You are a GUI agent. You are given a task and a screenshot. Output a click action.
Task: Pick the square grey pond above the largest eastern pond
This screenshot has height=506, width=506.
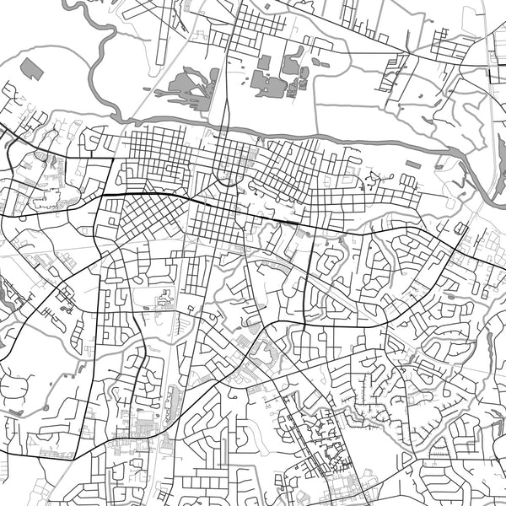pyautogui.click(x=264, y=62)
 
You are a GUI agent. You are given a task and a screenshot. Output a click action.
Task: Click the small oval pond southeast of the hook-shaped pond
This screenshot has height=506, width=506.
pyautogui.click(x=316, y=62)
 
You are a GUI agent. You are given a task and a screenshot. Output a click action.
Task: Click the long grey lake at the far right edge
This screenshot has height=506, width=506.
pyautogui.click(x=491, y=346)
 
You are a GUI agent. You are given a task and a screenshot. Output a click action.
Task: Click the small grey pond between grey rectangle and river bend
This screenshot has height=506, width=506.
pyautogui.click(x=442, y=167)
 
